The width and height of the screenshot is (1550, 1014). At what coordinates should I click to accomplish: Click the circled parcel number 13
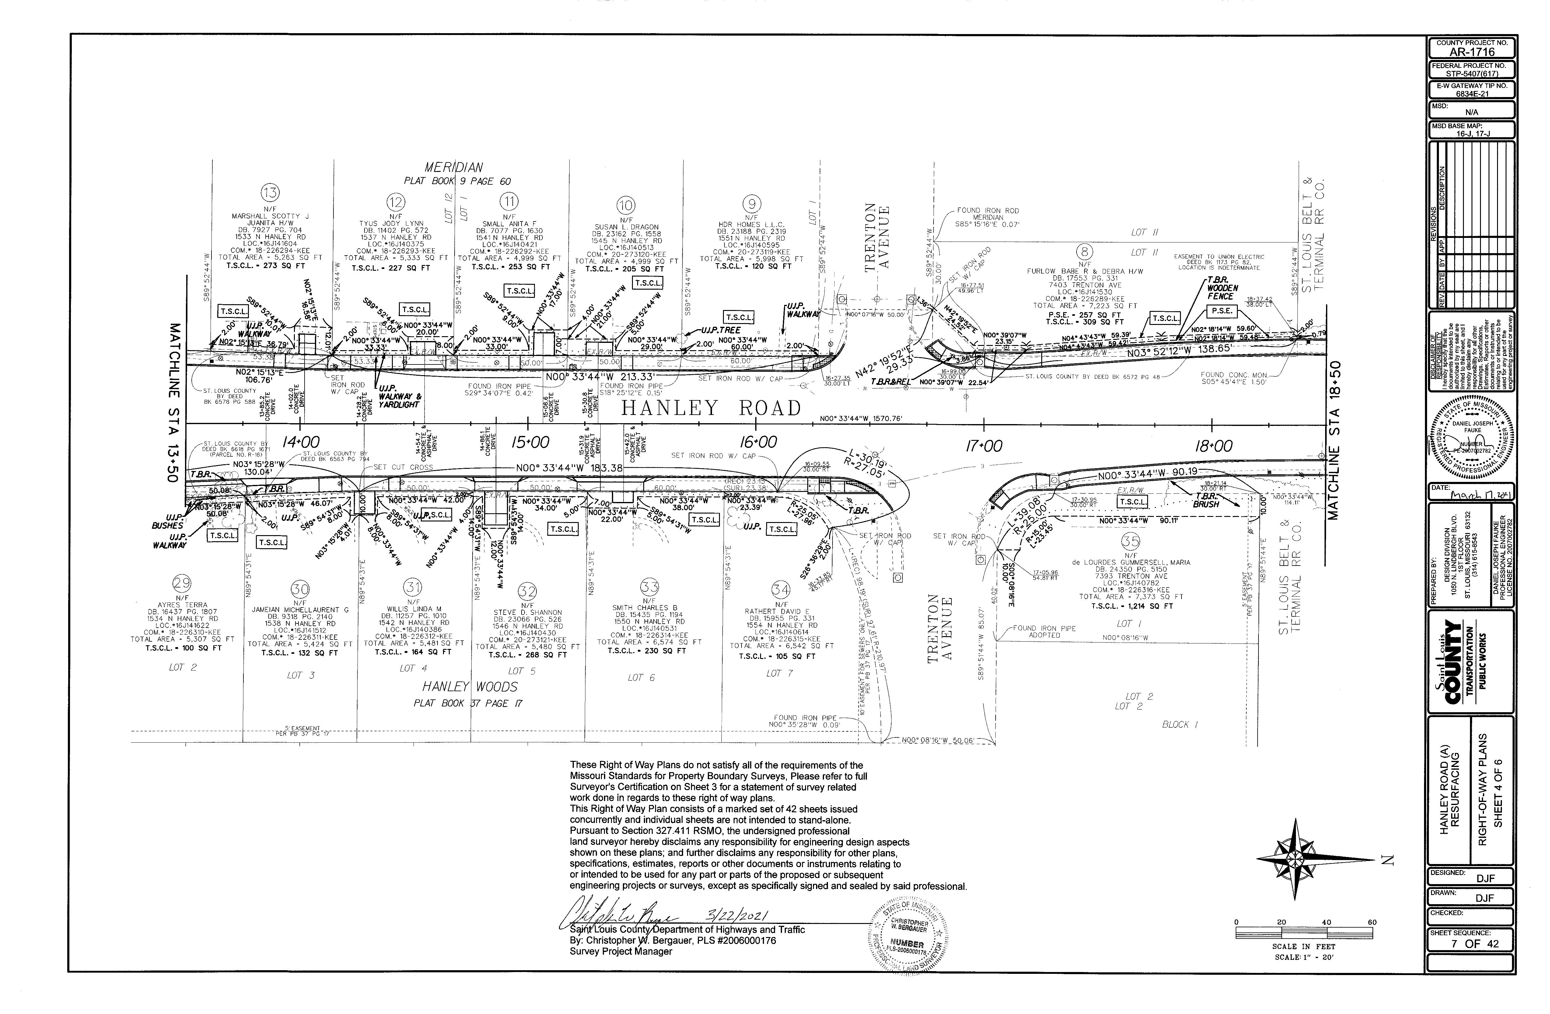[270, 193]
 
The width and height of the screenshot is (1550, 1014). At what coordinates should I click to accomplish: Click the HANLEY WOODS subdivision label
[470, 687]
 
